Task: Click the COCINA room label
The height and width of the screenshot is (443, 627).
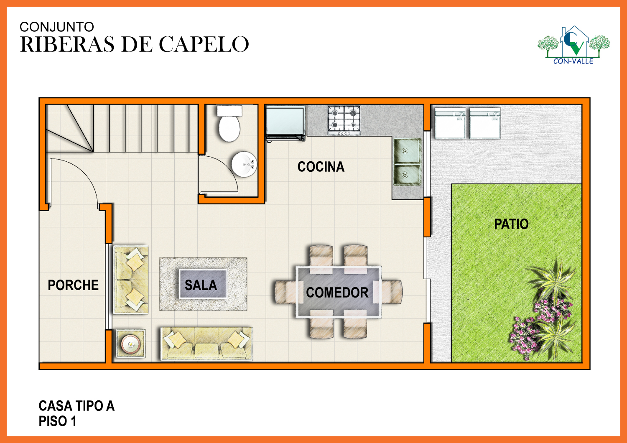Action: click(321, 167)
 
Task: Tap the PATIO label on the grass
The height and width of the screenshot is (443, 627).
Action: click(511, 224)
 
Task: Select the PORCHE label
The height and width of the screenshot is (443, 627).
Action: click(73, 285)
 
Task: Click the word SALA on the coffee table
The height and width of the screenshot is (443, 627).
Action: click(201, 285)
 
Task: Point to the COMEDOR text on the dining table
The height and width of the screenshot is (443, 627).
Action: click(337, 293)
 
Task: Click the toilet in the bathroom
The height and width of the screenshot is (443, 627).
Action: click(229, 123)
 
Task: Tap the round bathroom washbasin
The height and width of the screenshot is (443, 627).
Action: click(244, 164)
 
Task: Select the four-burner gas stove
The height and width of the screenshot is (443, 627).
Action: click(344, 120)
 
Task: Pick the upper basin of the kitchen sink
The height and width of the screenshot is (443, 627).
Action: click(407, 151)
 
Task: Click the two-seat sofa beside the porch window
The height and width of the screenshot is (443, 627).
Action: click(131, 280)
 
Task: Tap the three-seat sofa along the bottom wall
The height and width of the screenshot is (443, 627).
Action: click(206, 344)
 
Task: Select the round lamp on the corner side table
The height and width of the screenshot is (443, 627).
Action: click(130, 344)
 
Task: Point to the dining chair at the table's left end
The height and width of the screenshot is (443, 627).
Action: click(286, 292)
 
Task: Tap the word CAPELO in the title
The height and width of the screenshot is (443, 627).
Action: click(204, 44)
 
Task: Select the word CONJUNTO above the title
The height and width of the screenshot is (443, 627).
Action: click(56, 27)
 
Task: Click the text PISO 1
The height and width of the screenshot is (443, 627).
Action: click(57, 421)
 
